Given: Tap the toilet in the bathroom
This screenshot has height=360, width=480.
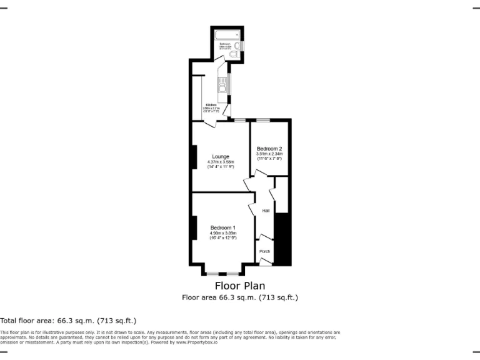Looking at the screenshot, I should [233, 55].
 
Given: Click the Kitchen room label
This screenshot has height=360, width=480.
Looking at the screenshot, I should [211, 104].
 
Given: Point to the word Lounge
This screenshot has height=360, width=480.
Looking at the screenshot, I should [220, 156].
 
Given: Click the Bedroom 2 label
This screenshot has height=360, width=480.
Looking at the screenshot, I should [269, 149].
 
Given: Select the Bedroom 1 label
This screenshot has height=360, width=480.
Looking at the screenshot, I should [222, 227].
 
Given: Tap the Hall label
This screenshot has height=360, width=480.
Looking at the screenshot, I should [266, 211].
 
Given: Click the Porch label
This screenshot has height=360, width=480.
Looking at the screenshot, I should [265, 251].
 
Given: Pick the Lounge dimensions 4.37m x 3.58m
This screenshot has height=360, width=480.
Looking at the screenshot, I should [220, 162].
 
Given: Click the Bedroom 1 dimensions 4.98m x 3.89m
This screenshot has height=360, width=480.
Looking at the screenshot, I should [222, 233].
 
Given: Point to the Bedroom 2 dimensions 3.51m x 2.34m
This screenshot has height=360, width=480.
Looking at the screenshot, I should [269, 154].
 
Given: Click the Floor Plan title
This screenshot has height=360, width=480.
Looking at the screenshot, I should [239, 286].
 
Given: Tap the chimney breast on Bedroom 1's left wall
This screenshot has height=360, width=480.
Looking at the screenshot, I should [194, 227].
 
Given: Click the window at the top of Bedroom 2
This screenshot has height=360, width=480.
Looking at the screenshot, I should [263, 120].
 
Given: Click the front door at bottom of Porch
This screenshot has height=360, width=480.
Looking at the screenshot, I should [265, 264].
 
